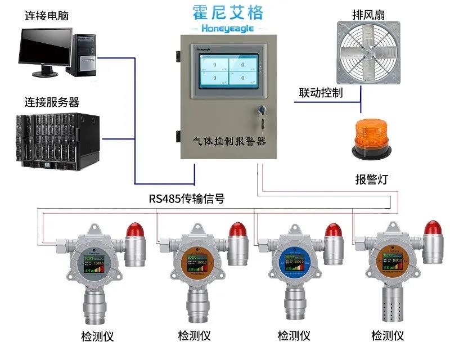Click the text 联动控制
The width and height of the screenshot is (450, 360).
(321, 93)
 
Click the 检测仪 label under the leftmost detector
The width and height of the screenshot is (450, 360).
(97, 336)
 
